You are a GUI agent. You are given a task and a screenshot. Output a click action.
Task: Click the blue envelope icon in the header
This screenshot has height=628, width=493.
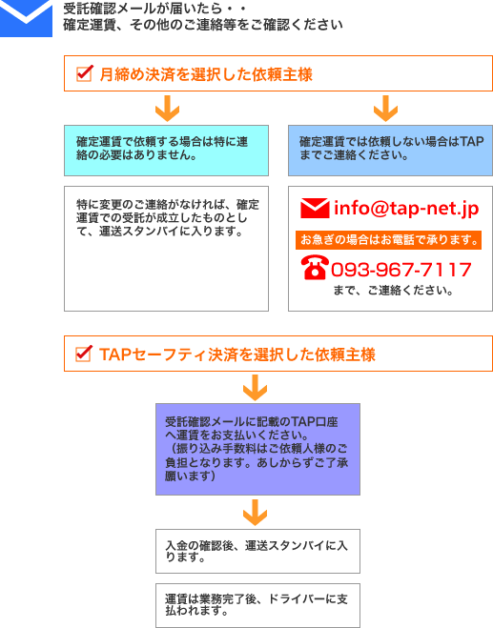(26, 18)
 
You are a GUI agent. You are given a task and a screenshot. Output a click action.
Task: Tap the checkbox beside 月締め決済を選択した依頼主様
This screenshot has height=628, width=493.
(85, 73)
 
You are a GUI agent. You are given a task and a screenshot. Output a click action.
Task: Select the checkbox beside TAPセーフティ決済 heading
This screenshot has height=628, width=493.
(84, 354)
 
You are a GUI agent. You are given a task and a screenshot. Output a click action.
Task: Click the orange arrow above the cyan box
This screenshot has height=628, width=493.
(167, 108)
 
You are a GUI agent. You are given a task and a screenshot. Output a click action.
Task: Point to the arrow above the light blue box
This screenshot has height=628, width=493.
(385, 108)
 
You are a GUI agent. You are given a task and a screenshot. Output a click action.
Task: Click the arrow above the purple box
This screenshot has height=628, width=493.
(255, 387)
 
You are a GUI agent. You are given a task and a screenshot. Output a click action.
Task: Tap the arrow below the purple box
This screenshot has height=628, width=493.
(255, 513)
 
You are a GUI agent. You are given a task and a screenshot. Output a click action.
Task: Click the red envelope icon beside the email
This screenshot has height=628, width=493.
(315, 209)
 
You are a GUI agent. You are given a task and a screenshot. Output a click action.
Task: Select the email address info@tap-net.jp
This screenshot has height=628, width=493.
(406, 209)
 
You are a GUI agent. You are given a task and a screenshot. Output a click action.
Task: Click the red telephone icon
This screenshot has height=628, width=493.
(315, 267)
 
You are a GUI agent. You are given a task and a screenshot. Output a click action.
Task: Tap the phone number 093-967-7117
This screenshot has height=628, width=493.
(401, 270)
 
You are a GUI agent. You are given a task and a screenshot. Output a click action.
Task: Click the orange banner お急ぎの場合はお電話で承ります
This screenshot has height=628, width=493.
(388, 240)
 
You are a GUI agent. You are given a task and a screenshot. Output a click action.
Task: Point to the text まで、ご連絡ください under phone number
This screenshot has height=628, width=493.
(393, 290)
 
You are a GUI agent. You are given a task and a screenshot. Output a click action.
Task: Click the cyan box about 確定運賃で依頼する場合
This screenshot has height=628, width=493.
(166, 151)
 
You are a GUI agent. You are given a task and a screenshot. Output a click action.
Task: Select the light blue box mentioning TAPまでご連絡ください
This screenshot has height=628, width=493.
(390, 151)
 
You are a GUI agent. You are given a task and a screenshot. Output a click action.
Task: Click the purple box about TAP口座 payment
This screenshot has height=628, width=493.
(257, 449)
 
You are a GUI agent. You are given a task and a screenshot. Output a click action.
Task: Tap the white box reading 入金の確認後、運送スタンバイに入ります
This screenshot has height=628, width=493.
(257, 551)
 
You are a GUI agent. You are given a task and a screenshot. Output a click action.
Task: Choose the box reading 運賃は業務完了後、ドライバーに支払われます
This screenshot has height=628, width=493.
(257, 605)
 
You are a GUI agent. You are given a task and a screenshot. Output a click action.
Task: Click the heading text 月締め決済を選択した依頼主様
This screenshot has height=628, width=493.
(206, 74)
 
